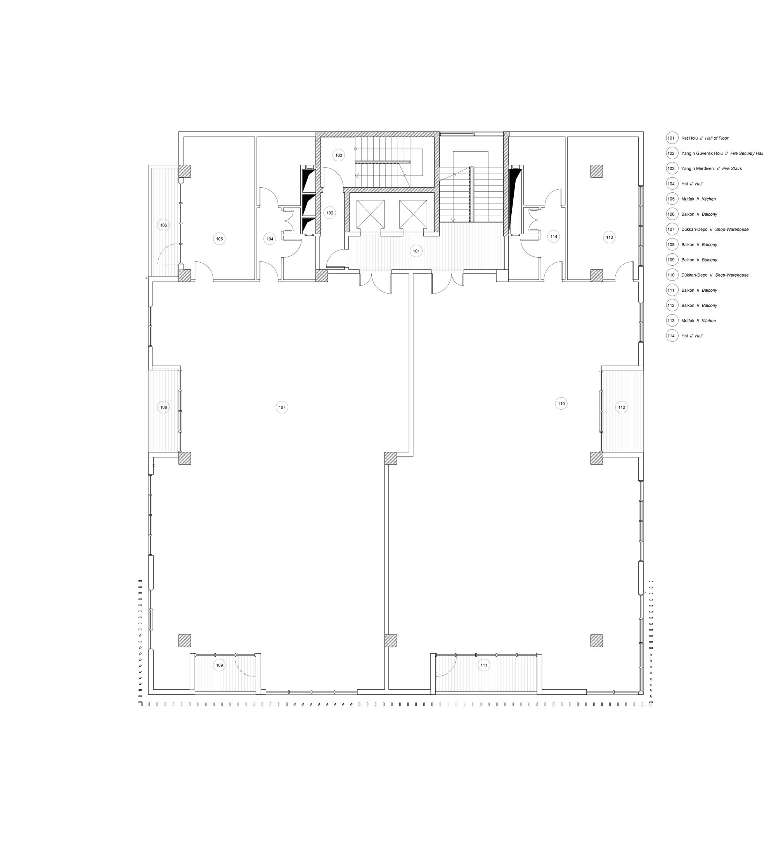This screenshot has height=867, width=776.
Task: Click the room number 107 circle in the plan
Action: tap(282, 407)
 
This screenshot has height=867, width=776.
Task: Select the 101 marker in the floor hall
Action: tap(416, 251)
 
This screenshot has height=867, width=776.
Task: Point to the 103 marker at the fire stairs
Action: tap(339, 156)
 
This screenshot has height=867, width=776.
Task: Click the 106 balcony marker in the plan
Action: tap(163, 225)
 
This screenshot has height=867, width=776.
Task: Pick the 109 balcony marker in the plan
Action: tap(219, 665)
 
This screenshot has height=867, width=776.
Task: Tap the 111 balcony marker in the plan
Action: tap(484, 665)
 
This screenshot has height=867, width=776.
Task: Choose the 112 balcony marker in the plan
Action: tap(622, 407)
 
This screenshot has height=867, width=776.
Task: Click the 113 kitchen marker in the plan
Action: tap(609, 237)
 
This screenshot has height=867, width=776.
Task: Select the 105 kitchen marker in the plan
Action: tap(219, 239)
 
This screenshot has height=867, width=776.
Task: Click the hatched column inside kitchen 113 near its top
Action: tap(596, 171)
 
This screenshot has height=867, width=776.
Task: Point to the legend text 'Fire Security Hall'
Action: tap(747, 154)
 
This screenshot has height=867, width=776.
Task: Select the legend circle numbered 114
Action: tap(672, 336)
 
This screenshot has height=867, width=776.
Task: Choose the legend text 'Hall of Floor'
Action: tap(717, 138)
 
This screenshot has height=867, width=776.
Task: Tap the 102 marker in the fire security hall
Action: tap(329, 213)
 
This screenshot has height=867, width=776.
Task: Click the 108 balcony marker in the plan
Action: tap(163, 407)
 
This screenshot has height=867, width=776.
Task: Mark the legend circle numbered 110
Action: tap(672, 275)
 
